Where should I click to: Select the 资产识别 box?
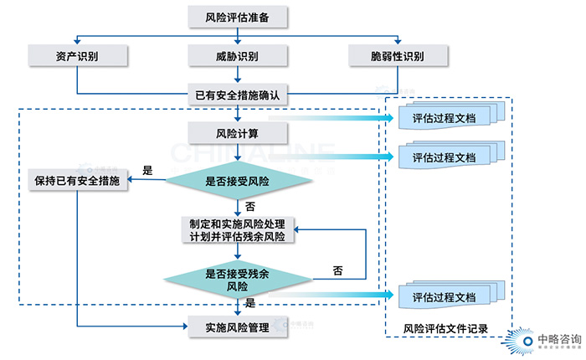77,56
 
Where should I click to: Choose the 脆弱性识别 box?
398,56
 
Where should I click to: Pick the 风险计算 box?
239,133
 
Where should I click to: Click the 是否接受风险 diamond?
239,180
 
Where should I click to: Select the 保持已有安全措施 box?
77,180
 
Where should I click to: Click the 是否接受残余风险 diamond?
238,280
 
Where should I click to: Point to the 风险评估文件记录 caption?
445,328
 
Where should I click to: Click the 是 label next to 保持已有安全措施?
147,170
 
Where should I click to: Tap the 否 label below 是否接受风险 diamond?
250,206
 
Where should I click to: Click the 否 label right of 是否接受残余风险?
337,270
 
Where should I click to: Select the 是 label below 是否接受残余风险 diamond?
250,303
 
